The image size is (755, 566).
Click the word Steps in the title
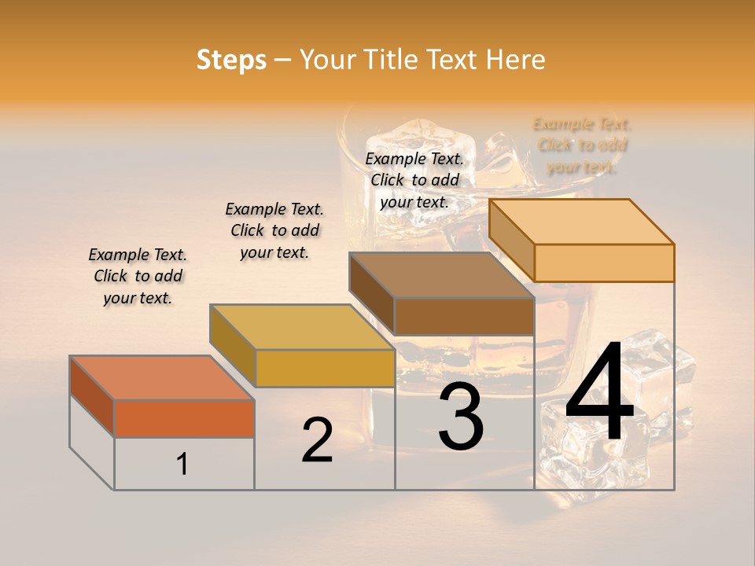pos(231,60)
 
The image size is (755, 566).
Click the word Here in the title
pos(515,60)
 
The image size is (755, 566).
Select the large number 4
pos(599,395)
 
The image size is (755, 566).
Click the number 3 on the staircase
pos(461,417)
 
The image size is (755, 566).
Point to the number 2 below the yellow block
pos(317,440)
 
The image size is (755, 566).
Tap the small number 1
pos(182,464)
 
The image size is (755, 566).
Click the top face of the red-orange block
pos(161,377)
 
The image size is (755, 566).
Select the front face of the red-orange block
pos(184,418)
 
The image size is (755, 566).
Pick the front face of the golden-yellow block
pos(325,368)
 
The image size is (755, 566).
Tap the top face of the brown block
pos(441,275)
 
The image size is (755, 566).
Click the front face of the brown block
pos(464,316)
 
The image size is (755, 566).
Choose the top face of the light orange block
pos(581,221)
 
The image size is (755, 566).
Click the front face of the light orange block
pos(604,263)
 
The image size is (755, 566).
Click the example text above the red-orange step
pos(138,277)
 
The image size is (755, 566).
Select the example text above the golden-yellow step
pos(274,231)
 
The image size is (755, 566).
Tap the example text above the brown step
pos(414,180)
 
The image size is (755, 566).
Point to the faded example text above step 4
pos(582,145)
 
